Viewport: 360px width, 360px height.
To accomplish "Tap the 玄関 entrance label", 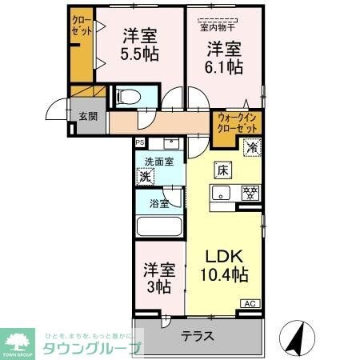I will pos(87,115).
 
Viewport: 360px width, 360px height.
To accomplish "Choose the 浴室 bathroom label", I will pos(158,203).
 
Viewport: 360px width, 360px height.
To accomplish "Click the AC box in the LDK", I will pos(250,303).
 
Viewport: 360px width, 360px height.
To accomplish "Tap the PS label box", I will pos(140,143).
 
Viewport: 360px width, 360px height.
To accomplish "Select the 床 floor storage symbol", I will pos(223,170).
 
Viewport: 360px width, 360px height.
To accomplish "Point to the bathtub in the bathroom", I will pos(159,225).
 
